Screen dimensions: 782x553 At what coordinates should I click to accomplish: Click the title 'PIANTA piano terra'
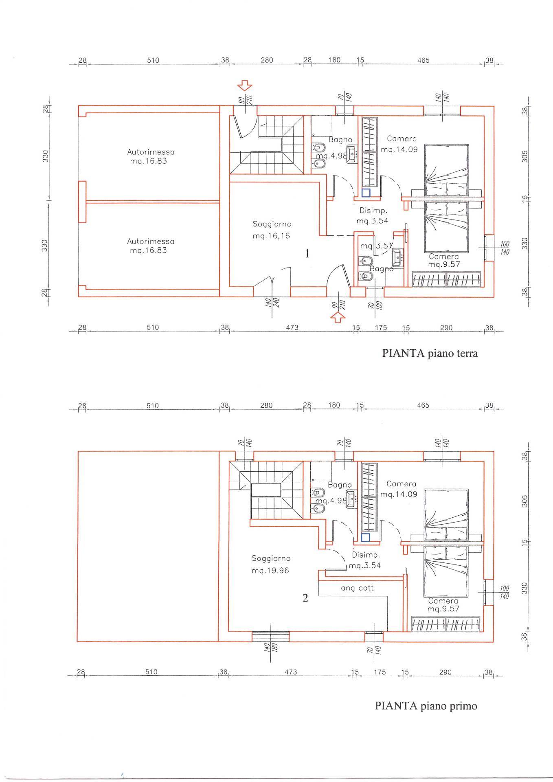click(430, 353)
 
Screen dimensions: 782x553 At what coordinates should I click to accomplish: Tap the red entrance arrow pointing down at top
click(245, 86)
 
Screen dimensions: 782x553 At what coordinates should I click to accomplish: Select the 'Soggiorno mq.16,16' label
click(272, 230)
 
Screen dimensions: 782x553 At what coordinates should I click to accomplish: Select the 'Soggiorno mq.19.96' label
click(270, 564)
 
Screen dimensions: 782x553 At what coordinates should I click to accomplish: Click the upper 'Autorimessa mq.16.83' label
click(150, 156)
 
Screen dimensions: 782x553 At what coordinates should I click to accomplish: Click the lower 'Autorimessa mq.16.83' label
click(150, 246)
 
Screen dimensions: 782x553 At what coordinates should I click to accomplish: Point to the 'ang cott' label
click(357, 588)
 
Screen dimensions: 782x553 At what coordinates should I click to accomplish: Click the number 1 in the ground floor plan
click(307, 254)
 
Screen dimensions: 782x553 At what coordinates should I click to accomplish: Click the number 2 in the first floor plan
click(305, 598)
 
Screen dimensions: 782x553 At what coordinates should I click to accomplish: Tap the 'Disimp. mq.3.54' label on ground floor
click(373, 216)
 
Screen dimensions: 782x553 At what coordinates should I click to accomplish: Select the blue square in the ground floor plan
click(366, 193)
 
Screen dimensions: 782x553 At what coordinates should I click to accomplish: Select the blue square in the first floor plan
click(365, 537)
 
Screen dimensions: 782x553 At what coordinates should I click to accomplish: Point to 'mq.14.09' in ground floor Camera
click(399, 149)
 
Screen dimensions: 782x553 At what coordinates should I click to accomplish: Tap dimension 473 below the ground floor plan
click(292, 327)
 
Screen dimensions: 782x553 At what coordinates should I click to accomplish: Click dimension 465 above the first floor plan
click(423, 406)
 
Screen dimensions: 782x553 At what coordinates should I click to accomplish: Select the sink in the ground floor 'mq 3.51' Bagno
click(397, 256)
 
